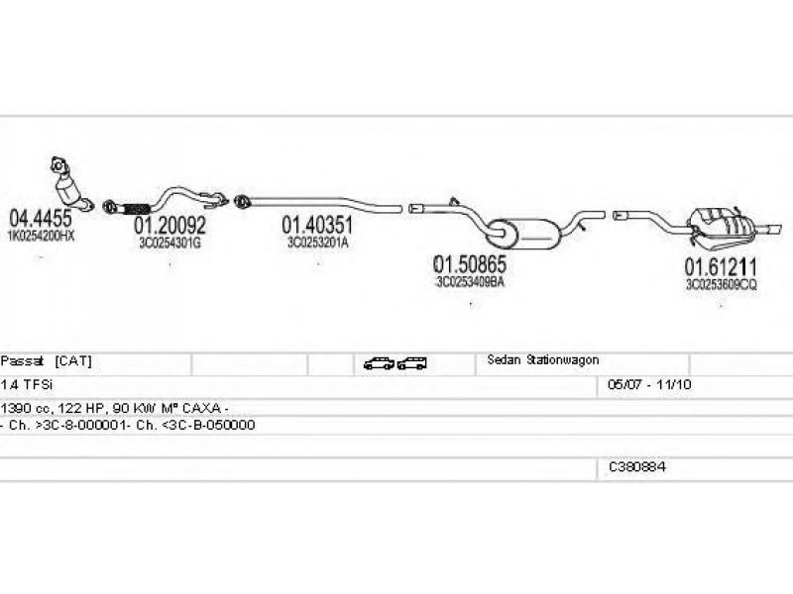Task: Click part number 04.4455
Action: (x=40, y=219)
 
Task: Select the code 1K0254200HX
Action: (x=42, y=239)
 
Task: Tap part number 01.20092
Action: (x=170, y=226)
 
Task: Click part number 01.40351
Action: (x=317, y=225)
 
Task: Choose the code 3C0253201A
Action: (x=317, y=242)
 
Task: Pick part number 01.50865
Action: (x=470, y=264)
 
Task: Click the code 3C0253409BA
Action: (x=470, y=282)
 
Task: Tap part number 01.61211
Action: (x=721, y=266)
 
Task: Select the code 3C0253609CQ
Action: (x=721, y=283)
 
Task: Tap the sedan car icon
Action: (x=379, y=363)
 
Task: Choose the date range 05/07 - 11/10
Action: (x=642, y=383)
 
